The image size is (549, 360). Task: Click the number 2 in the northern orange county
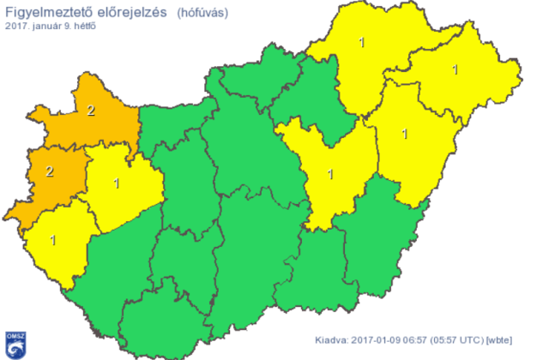coord(91,111)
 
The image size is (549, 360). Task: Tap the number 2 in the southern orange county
coord(50,171)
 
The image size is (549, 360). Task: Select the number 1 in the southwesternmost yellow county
coord(53,240)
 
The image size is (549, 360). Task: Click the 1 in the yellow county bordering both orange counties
coord(117,183)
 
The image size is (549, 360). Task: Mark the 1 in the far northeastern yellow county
coord(455,69)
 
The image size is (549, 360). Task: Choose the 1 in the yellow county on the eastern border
coord(405,134)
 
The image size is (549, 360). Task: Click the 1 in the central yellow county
coord(331,174)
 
